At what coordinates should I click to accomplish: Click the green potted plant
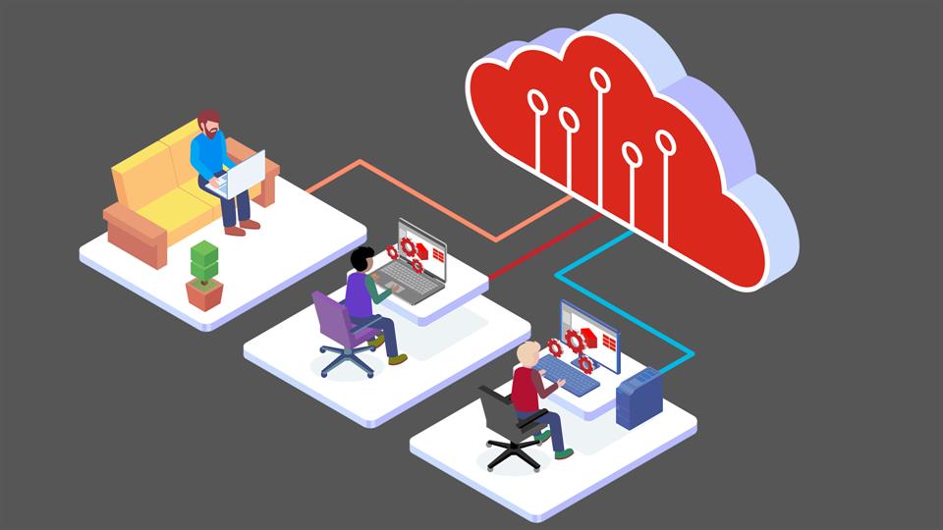(204, 263)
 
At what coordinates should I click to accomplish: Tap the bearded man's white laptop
(242, 175)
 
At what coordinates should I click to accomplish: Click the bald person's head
(528, 353)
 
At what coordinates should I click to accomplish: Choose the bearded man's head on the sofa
(208, 124)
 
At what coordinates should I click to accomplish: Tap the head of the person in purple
(361, 261)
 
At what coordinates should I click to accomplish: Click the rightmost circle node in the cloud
(666, 143)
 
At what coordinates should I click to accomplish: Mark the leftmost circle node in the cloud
(537, 101)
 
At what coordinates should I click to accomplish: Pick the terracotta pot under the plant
(204, 292)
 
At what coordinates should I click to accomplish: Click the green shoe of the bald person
(563, 453)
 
